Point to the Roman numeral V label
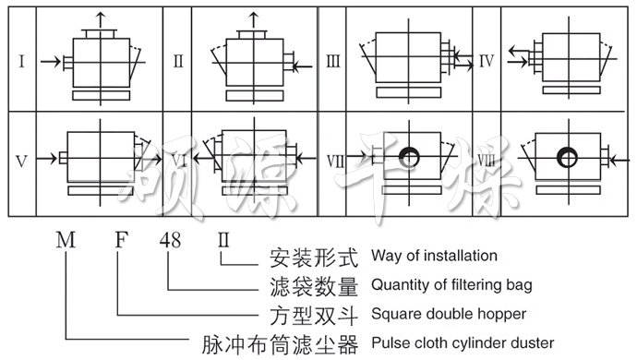pos(21,161)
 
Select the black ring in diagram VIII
pos(561,160)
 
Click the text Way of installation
pos(433,256)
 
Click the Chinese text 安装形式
pos(312,256)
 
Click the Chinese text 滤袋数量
pos(312,285)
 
